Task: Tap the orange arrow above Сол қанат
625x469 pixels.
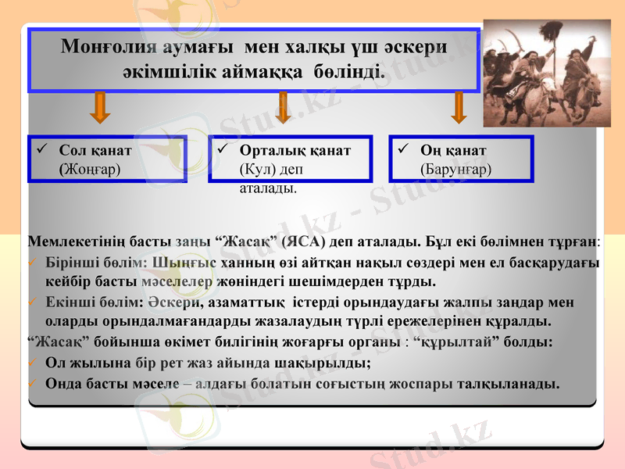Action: [x=99, y=107]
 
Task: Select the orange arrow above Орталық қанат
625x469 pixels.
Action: [x=283, y=107]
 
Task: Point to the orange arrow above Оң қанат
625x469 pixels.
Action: [x=459, y=107]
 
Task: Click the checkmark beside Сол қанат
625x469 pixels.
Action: [x=41, y=149]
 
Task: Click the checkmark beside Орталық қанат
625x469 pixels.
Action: [x=223, y=149]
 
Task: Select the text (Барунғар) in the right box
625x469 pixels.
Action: [x=456, y=168]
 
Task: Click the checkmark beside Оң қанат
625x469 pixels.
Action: [x=404, y=149]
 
